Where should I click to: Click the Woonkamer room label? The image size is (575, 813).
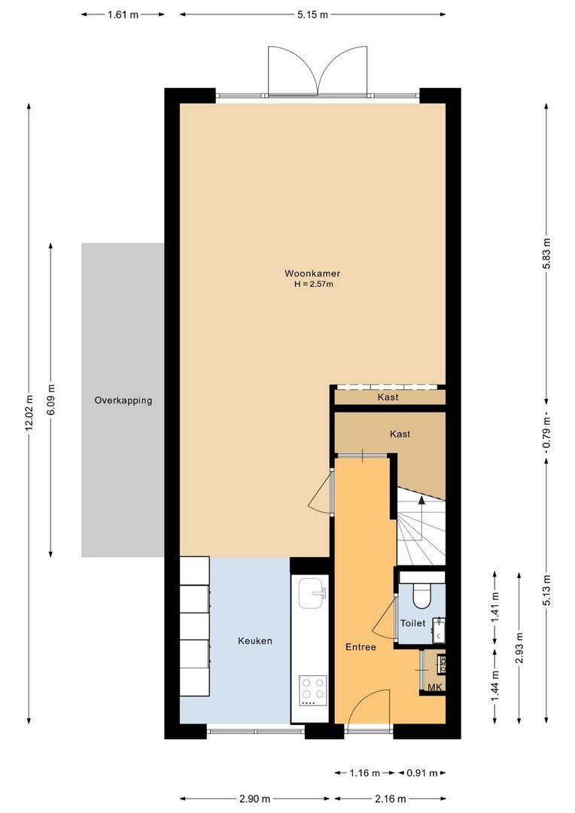[307, 273]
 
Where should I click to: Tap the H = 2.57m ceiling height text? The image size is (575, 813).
[313, 285]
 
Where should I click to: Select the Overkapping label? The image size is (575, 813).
[123, 400]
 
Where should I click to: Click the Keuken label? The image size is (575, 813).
[254, 641]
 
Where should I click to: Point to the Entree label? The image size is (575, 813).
[361, 647]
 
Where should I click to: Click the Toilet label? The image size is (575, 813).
[412, 623]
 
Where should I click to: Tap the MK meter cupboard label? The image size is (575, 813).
[434, 688]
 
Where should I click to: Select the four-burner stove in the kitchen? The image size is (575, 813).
[313, 690]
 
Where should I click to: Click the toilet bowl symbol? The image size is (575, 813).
[421, 595]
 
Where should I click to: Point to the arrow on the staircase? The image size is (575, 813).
[421, 501]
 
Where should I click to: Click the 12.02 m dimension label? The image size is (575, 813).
[29, 413]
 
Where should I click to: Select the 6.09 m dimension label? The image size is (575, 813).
[51, 400]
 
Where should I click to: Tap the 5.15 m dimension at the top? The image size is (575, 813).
[312, 14]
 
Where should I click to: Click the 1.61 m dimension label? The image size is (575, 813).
[123, 14]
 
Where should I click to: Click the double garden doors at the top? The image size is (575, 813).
[318, 72]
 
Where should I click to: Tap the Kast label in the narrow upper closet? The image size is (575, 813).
[388, 397]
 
